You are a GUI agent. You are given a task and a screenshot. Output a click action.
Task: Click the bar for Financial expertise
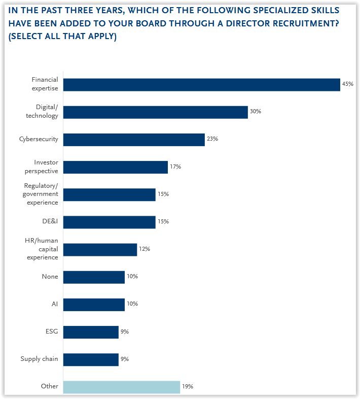[x=201, y=85]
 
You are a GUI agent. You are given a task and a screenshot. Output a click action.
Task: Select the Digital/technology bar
[x=155, y=112]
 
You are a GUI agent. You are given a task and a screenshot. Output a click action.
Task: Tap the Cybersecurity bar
[x=134, y=140]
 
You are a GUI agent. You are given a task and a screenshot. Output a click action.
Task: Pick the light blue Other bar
[x=121, y=387]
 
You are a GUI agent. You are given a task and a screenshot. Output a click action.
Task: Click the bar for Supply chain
[x=91, y=359]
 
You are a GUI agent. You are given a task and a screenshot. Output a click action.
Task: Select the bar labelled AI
[x=94, y=305]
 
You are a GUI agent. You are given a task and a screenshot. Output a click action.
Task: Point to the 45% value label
[x=347, y=84]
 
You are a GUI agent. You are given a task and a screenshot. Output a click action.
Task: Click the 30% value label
[x=256, y=112]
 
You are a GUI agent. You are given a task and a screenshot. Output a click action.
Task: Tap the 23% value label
[x=212, y=139]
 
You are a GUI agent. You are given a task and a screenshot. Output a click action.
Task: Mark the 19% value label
[x=188, y=387]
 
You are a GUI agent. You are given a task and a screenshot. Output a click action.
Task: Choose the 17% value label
[x=175, y=167]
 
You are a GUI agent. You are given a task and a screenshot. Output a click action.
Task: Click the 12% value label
[x=145, y=249]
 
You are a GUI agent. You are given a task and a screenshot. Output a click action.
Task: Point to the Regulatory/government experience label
[x=41, y=194]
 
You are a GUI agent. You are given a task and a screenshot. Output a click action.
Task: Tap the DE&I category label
[x=50, y=222]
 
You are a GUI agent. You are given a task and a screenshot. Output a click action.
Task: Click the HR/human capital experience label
[x=42, y=249]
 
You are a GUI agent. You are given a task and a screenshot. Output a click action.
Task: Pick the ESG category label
[x=52, y=332]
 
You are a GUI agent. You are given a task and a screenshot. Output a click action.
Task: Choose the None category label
[x=50, y=277]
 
